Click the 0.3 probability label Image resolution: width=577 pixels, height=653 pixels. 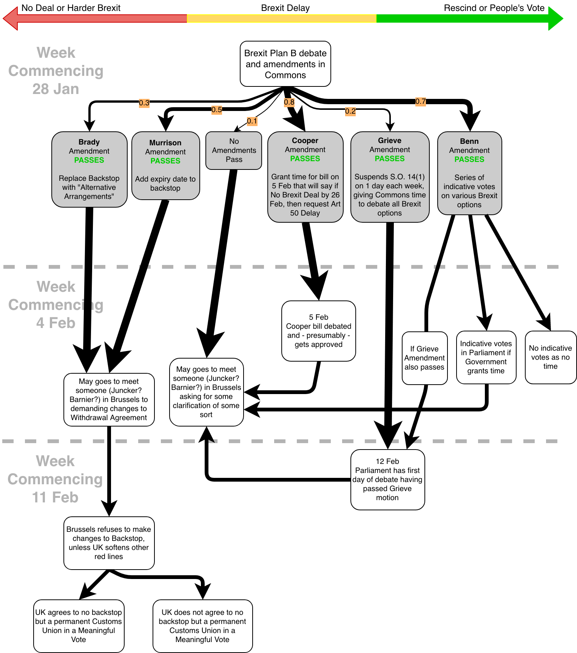click(x=144, y=103)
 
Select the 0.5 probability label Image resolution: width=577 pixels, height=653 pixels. click(x=217, y=110)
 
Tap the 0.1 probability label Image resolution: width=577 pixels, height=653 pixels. click(x=252, y=121)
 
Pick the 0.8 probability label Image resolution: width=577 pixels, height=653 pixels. click(x=289, y=102)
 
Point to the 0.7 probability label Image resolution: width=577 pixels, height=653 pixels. click(x=421, y=101)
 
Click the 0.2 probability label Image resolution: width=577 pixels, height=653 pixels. click(x=350, y=111)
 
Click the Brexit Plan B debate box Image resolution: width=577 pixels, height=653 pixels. click(x=285, y=64)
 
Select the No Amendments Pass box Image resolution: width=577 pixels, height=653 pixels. click(x=234, y=150)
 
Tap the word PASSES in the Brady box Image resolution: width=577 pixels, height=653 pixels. click(x=89, y=160)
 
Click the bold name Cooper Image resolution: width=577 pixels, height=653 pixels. click(x=305, y=140)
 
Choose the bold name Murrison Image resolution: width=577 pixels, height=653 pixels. click(x=165, y=143)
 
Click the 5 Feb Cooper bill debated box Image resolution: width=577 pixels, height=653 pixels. click(x=319, y=331)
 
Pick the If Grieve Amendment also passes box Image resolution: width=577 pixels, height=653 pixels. click(x=424, y=358)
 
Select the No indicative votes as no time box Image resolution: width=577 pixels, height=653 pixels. click(x=551, y=357)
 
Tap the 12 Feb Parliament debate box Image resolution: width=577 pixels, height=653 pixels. click(x=387, y=479)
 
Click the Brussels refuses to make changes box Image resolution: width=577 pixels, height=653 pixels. click(x=109, y=543)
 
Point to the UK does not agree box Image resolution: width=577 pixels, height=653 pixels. click(x=202, y=626)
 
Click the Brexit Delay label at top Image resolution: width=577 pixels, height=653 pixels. click(x=285, y=8)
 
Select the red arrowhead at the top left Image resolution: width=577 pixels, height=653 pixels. click(x=11, y=18)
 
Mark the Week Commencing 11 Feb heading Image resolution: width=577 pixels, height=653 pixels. click(x=55, y=479)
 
